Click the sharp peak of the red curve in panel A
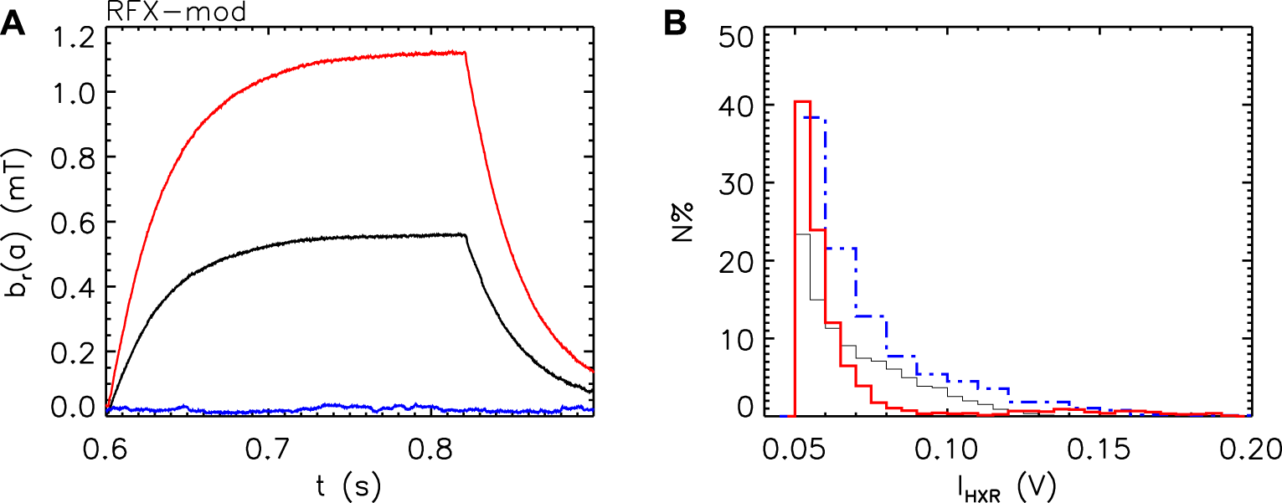pyautogui.click(x=465, y=52)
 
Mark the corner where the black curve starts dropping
pyautogui.click(x=465, y=235)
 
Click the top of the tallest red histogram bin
pyautogui.click(x=802, y=101)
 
